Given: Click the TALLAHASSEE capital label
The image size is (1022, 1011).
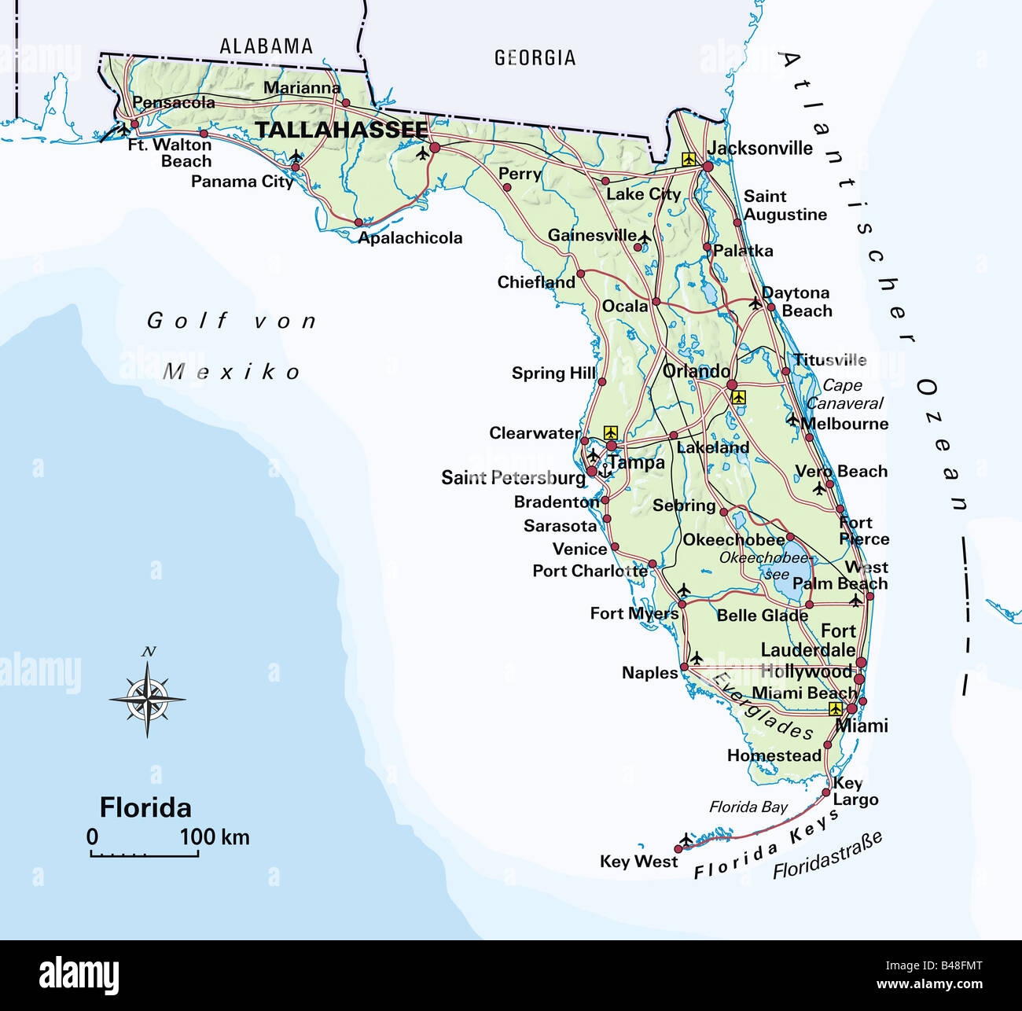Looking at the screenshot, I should pyautogui.click(x=342, y=130).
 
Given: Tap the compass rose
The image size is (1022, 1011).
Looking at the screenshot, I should pyautogui.click(x=147, y=697).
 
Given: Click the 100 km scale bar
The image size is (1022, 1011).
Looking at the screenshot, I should pyautogui.click(x=144, y=852).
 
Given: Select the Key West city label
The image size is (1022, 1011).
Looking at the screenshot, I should pyautogui.click(x=638, y=862).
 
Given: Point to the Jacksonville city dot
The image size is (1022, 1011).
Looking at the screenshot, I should pyautogui.click(x=708, y=167).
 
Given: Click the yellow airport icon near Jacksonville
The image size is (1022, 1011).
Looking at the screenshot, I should pyautogui.click(x=689, y=159).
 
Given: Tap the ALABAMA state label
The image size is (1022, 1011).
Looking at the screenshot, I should pyautogui.click(x=266, y=46).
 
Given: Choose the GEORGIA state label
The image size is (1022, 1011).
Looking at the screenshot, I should pyautogui.click(x=535, y=57).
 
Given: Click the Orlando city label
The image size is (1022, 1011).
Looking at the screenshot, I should pyautogui.click(x=697, y=371).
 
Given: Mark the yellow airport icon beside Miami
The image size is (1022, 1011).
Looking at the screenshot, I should pyautogui.click(x=835, y=708).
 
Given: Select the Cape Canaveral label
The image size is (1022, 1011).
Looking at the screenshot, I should pyautogui.click(x=844, y=395).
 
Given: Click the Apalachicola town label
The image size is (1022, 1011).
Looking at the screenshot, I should pyautogui.click(x=410, y=237).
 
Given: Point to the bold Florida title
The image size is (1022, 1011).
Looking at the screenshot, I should pyautogui.click(x=145, y=807).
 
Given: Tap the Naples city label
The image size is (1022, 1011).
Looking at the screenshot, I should pyautogui.click(x=649, y=673).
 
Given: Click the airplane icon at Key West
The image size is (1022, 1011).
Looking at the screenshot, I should pyautogui.click(x=687, y=839).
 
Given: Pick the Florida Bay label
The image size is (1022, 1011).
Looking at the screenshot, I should pyautogui.click(x=748, y=807).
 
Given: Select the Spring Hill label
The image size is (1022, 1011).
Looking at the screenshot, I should pyautogui.click(x=553, y=373).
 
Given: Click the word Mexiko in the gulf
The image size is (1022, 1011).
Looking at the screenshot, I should pyautogui.click(x=232, y=372).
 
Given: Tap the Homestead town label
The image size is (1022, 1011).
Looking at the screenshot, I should pyautogui.click(x=774, y=755).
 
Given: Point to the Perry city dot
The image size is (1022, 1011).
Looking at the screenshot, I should pyautogui.click(x=506, y=188).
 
